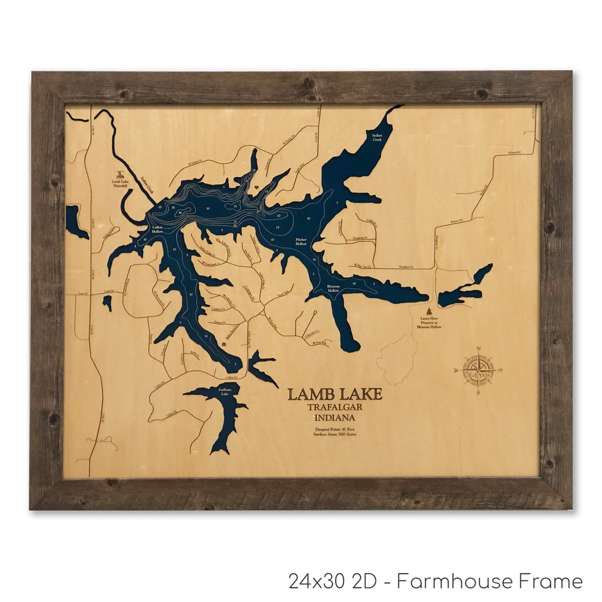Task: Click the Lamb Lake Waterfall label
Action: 120,184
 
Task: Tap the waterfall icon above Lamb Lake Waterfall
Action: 119,174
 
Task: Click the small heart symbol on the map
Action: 224,344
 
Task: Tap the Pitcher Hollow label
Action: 301,241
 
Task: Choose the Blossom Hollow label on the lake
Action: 333,289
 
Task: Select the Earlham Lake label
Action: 224,392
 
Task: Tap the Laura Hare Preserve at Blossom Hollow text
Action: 429,324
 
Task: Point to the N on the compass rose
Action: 478,349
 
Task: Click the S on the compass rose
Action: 478,392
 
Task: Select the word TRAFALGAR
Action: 335,407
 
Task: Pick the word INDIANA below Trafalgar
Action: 335,417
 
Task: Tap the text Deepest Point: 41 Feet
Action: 335,429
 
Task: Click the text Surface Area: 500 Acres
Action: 335,435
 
